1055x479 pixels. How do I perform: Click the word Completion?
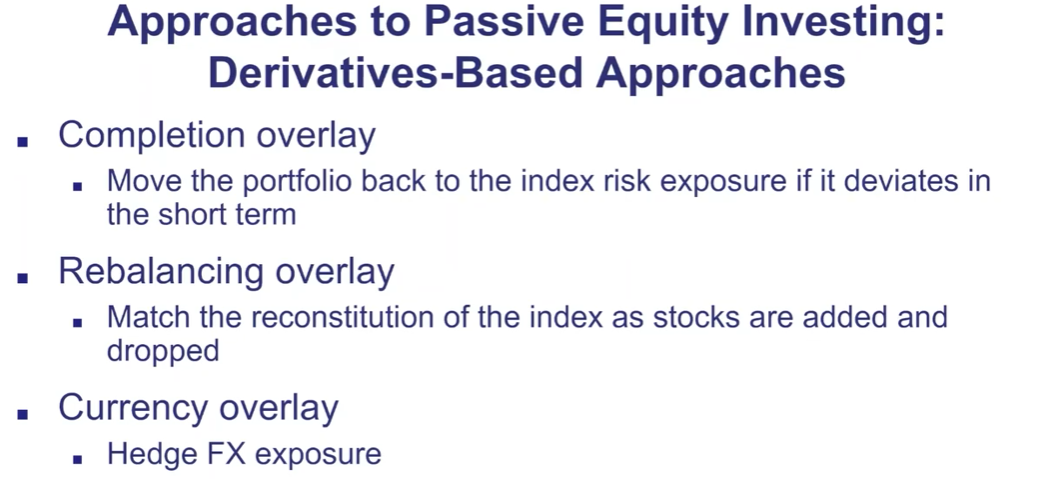coord(152,137)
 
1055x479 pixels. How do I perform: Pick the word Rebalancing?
coord(161,273)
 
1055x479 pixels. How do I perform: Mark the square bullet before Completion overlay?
coord(24,141)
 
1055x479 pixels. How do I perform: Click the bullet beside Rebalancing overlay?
coord(24,277)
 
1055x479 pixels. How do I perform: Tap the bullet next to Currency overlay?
coord(24,414)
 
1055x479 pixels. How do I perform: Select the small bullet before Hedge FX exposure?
coord(77,459)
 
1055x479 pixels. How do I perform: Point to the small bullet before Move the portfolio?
coord(77,186)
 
